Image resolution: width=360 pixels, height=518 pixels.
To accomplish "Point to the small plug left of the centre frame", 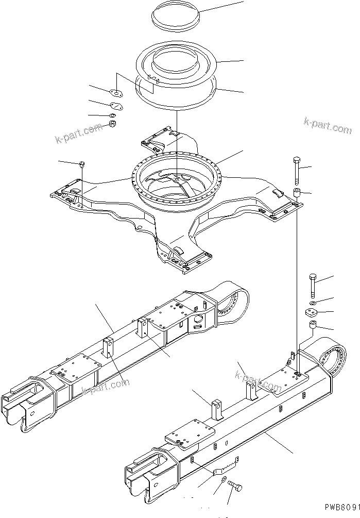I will [82, 165].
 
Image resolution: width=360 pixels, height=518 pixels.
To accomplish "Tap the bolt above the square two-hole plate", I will [313, 285].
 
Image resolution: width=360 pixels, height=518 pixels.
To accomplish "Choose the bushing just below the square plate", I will [313, 327].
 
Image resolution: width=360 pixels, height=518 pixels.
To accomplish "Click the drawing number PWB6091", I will [339, 508].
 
